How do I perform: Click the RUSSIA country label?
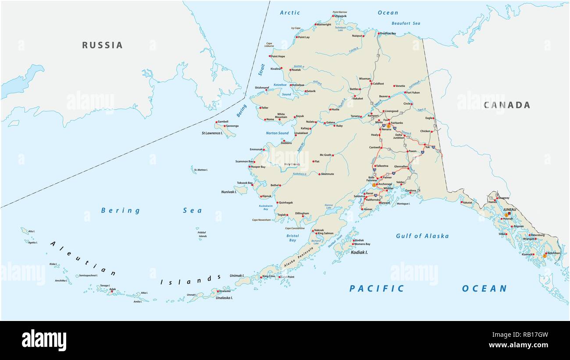click(x=102, y=45)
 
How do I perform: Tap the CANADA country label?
click(x=507, y=105)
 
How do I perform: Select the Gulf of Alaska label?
click(x=422, y=236)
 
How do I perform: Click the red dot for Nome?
click(x=265, y=119)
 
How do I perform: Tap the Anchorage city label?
click(x=385, y=184)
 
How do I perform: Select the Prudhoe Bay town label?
click(x=388, y=33)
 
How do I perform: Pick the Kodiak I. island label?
click(x=360, y=253)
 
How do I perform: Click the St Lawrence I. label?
click(x=212, y=133)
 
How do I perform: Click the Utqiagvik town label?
click(x=340, y=16)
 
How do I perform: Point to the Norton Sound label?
click(x=277, y=133)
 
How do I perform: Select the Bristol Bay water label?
click(x=292, y=238)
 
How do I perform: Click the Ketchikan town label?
click(x=554, y=253)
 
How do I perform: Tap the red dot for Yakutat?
click(x=461, y=203)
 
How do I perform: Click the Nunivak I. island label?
click(x=228, y=192)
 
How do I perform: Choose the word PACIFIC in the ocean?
click(x=377, y=289)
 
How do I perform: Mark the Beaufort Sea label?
click(x=406, y=23)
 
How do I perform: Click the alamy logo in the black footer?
click(x=44, y=340)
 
